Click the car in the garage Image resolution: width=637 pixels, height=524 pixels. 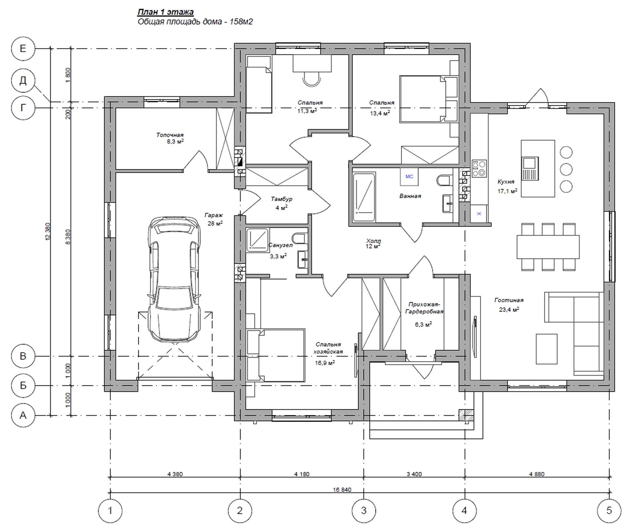point(174,279)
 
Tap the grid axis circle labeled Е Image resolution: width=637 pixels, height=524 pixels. point(23,49)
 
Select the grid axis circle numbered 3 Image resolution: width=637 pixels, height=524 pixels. point(364,510)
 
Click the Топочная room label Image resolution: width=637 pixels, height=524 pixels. point(170,135)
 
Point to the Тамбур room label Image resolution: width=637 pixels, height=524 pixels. point(281,199)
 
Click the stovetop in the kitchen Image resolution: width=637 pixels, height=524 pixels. point(479,168)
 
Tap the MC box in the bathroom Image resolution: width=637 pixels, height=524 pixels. point(409,176)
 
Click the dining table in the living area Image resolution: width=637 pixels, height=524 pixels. point(548,247)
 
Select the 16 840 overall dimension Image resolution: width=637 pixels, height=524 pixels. point(342,490)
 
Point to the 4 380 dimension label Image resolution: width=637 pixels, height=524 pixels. point(175,474)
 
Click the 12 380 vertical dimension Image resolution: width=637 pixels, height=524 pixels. point(48,231)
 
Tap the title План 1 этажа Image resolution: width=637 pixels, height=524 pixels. point(166,12)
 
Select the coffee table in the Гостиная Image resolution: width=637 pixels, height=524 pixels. point(546,349)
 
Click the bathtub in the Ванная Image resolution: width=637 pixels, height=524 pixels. point(364,197)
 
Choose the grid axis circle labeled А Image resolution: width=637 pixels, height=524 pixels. point(23,415)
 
